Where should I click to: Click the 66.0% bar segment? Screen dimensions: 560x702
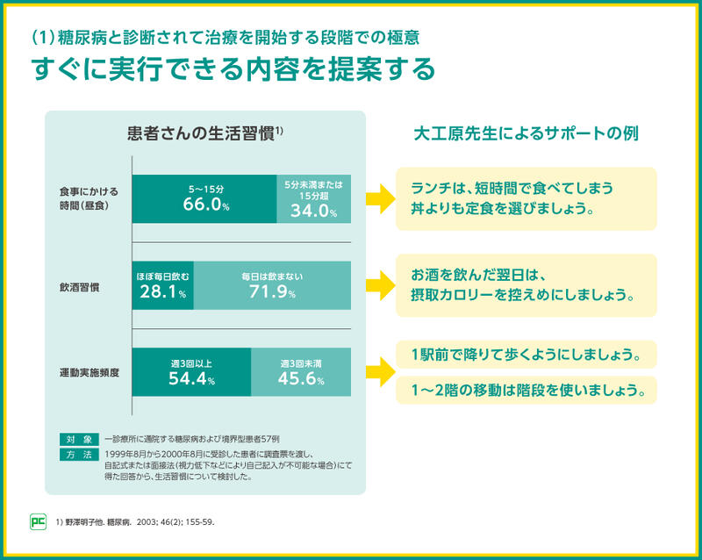(x=204, y=199)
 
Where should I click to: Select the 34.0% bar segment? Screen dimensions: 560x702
(x=313, y=199)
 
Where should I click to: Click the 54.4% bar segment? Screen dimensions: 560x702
(x=191, y=372)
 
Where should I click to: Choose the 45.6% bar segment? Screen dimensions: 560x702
(x=301, y=372)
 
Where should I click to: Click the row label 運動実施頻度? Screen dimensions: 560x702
(x=90, y=372)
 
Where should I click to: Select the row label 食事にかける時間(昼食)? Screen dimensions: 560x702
(x=89, y=198)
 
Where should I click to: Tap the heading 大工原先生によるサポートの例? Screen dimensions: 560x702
(x=526, y=135)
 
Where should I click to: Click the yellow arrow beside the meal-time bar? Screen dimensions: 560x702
(x=379, y=198)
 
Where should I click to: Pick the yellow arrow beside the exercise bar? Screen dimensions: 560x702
(x=379, y=372)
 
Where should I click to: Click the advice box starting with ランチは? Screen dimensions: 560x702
(x=526, y=199)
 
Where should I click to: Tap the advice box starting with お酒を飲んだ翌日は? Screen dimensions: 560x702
(x=526, y=285)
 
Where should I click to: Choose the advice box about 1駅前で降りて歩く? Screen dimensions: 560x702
(x=526, y=355)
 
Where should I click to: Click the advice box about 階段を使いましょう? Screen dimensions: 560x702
(x=526, y=390)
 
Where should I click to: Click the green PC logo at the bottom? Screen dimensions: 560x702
(x=38, y=521)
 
